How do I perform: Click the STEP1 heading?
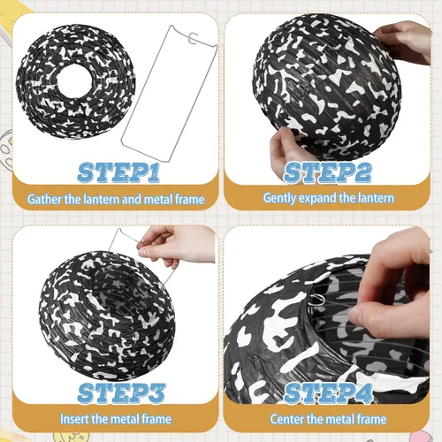(118, 172)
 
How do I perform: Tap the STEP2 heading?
(327, 172)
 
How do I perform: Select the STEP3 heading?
(121, 393)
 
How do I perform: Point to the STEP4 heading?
(329, 393)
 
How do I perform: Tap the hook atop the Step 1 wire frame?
(194, 38)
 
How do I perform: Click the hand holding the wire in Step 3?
(175, 246)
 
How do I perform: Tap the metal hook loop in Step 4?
(317, 301)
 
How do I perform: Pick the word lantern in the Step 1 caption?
(102, 200)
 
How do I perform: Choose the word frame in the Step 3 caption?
(156, 419)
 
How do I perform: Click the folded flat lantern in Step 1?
(76, 81)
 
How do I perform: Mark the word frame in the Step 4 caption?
(371, 419)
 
